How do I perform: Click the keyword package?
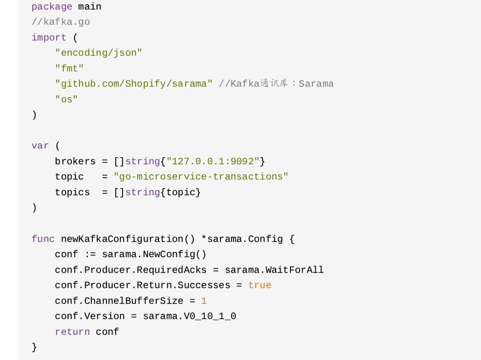[x=52, y=7]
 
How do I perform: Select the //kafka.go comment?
[x=60, y=22]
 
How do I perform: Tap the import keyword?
[x=49, y=38]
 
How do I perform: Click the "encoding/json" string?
[x=99, y=53]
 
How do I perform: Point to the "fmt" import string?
[x=70, y=69]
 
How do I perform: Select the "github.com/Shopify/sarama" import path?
[x=134, y=84]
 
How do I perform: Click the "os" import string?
[x=67, y=100]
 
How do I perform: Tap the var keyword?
[x=40, y=146]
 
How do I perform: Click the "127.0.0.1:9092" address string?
[x=213, y=161]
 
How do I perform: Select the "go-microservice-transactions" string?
[x=201, y=177]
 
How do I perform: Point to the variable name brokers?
[x=75, y=161]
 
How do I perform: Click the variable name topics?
[x=72, y=192]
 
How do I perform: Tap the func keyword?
[x=43, y=239]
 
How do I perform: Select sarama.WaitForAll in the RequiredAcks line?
[x=274, y=270]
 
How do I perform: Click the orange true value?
[x=260, y=285]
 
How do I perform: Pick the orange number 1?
[x=204, y=301]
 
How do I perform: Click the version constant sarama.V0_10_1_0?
[x=190, y=316]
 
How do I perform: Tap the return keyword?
[x=72, y=332]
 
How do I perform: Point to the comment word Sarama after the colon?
[x=316, y=84]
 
